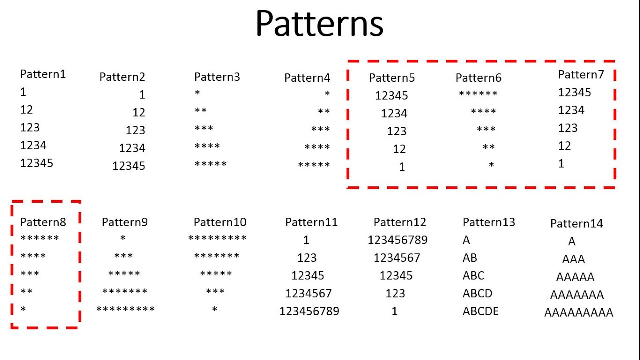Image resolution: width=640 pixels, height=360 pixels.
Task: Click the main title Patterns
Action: [319, 24]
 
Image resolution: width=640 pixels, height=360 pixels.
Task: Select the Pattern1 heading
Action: [43, 74]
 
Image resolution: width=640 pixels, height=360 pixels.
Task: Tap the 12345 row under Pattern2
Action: [129, 166]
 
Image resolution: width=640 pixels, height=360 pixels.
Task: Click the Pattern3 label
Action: [217, 77]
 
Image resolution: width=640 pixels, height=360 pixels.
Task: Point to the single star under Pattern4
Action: [327, 94]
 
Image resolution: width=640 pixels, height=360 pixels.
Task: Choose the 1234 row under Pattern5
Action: [394, 114]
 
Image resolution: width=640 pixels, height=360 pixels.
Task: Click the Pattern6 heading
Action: [478, 78]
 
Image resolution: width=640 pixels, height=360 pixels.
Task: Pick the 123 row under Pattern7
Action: [568, 128]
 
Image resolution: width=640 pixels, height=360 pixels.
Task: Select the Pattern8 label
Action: [43, 222]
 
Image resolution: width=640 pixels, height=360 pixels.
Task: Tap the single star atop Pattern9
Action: [123, 239]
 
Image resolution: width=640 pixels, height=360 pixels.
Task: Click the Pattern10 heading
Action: [220, 222]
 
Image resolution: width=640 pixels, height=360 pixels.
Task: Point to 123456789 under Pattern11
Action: [309, 311]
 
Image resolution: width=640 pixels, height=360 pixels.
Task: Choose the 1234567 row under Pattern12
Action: [397, 258]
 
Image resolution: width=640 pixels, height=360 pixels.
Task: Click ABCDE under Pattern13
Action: [481, 311]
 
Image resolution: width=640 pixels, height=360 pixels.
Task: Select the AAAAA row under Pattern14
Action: [575, 277]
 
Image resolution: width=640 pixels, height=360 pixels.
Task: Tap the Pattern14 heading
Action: [576, 224]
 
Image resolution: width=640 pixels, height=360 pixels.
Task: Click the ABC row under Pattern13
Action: [474, 276]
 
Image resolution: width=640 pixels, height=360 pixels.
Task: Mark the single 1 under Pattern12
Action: [394, 311]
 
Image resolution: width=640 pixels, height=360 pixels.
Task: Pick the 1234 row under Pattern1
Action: [33, 145]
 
